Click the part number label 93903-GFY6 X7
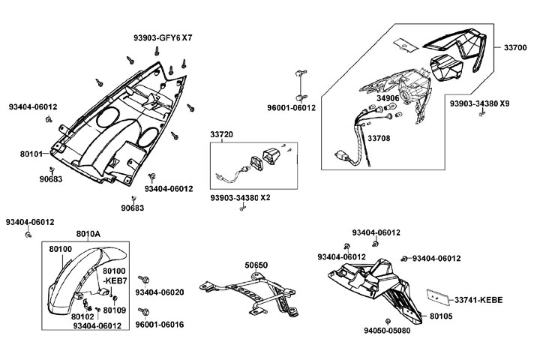point(163,37)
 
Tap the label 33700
point(514,46)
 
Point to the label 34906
point(388,98)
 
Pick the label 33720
point(221,135)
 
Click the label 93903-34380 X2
point(240,198)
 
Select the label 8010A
point(88,233)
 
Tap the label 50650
point(256,265)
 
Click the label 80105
point(441,316)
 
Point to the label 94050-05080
point(388,329)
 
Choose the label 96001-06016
point(160,325)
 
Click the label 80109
point(114,310)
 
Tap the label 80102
point(82,316)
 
